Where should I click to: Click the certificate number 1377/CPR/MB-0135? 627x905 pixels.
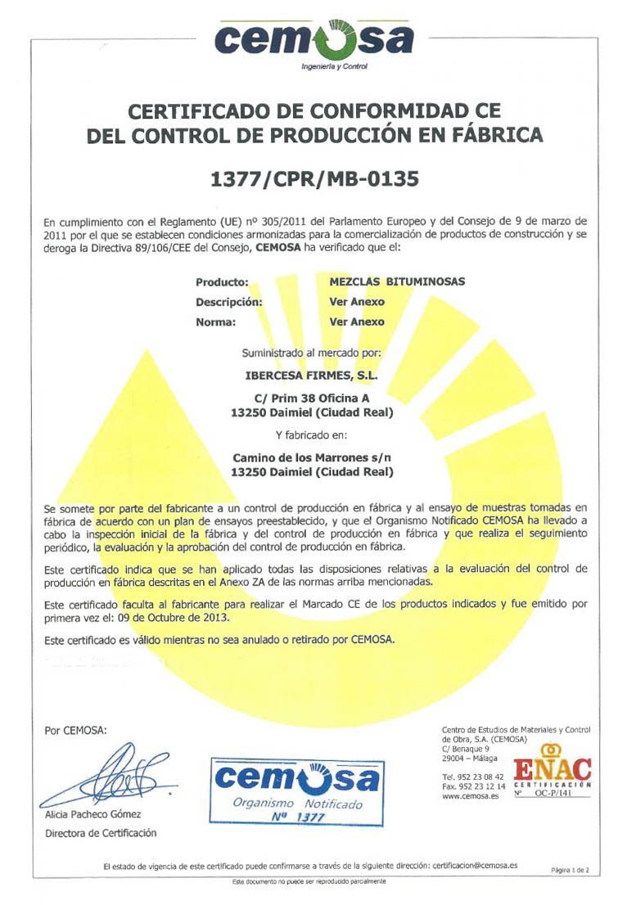click(314, 178)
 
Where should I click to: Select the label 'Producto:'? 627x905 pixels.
click(222, 281)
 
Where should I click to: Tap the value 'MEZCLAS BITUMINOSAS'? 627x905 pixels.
click(397, 281)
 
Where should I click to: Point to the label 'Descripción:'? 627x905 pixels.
click(229, 302)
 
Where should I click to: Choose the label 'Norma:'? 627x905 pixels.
click(216, 322)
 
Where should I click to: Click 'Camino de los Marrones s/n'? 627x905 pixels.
click(312, 458)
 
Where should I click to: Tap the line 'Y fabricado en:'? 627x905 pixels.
click(312, 434)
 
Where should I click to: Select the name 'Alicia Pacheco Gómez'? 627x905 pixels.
click(93, 814)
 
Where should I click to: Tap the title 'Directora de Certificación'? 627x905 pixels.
click(101, 834)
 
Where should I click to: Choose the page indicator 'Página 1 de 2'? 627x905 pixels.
click(570, 871)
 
